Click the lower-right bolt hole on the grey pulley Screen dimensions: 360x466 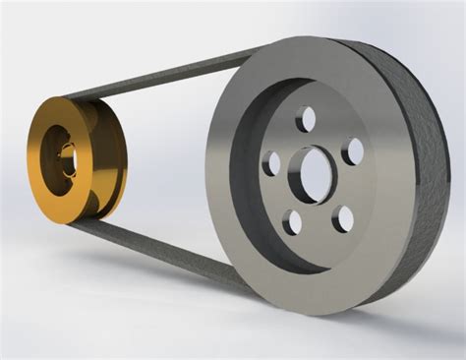pyautogui.click(x=341, y=217)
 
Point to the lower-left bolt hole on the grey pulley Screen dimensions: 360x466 pyautogui.click(x=292, y=221)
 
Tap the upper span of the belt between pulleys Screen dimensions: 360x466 pyautogui.click(x=157, y=78)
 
